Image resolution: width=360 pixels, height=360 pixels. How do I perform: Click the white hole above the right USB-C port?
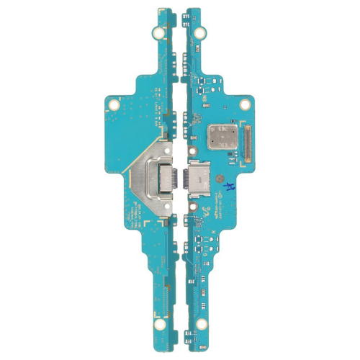click(x=192, y=151)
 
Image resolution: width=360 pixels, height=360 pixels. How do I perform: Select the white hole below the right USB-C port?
click(x=192, y=204)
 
